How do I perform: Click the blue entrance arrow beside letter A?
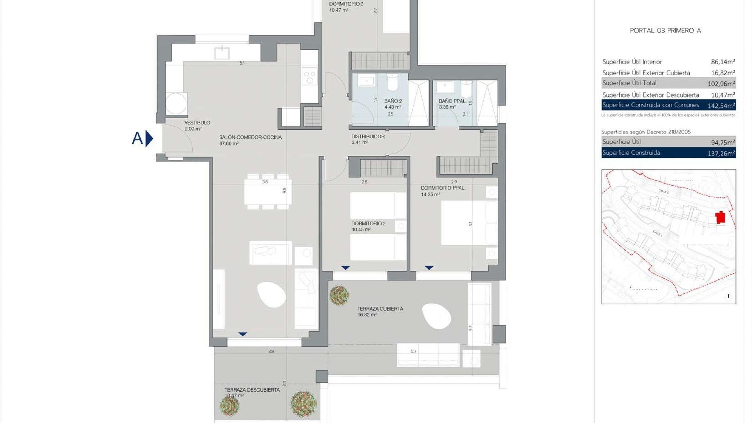pos(149,138)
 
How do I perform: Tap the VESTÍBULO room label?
pos(197,123)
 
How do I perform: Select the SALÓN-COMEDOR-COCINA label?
pos(250,137)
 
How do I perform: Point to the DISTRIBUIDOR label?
pos(368,137)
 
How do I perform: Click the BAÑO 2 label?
pos(393,101)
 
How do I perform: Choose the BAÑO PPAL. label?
pos(452,101)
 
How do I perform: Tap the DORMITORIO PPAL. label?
pos(443,188)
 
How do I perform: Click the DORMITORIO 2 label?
pos(368,224)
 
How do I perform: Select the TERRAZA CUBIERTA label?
pos(380,309)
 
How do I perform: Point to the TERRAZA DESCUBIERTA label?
pos(252,390)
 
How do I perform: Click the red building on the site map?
pos(720,217)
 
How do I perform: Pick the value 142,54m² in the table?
pos(721,106)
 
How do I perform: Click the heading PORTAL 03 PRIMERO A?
pos(665,31)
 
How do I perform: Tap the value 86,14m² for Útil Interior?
pos(723,62)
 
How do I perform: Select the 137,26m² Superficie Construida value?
pos(721,154)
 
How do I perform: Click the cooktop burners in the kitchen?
pos(310,76)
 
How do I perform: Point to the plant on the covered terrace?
pos(339,295)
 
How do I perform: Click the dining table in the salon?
pos(268,192)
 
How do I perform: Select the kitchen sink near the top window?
pos(222,52)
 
